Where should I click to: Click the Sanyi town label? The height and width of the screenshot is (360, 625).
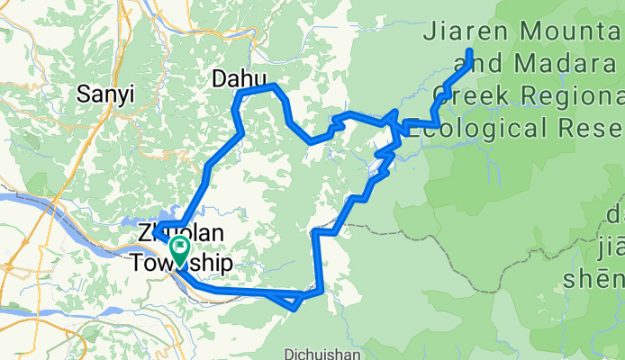tap(105, 93)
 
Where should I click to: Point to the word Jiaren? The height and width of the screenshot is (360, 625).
tap(466, 33)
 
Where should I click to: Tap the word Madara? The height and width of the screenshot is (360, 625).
tap(563, 64)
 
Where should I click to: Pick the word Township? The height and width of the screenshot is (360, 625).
tap(181, 264)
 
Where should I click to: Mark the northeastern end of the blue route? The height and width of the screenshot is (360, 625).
tap(470, 51)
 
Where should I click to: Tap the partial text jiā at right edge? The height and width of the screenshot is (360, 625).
tap(610, 244)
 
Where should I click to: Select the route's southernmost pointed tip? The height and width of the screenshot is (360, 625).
tap(294, 309)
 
